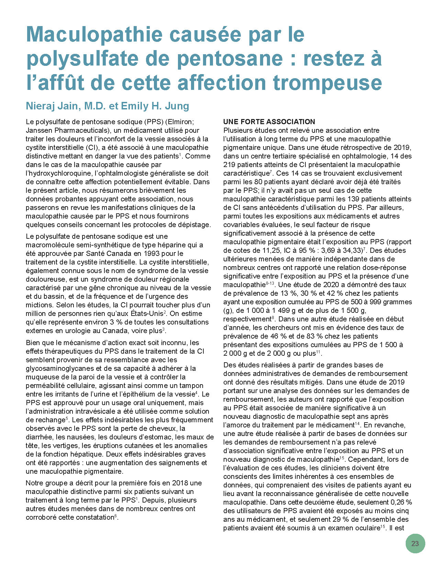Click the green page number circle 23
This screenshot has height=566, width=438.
pos(415,543)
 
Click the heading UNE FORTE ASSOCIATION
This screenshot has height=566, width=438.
pos(269,122)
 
